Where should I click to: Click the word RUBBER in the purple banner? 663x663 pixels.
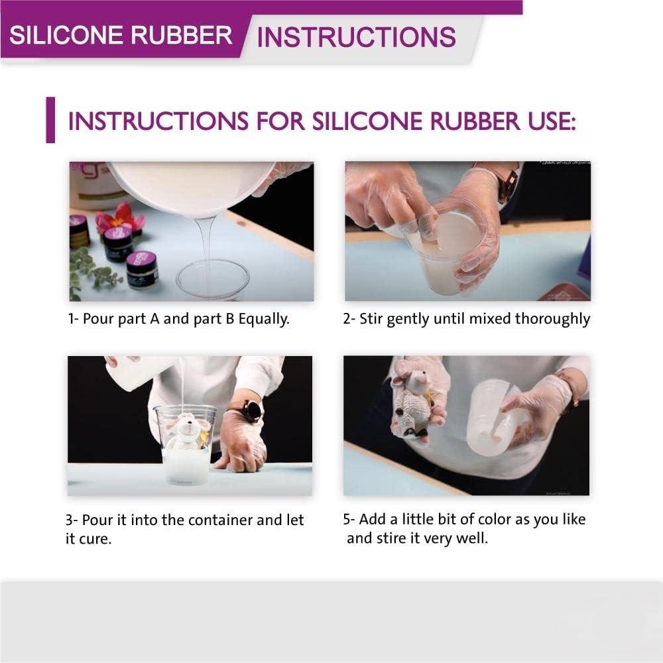coord(181,35)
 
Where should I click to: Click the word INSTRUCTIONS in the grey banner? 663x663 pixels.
coord(356,36)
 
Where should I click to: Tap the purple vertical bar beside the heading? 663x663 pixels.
coord(50,120)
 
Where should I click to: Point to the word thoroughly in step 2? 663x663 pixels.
coord(553,320)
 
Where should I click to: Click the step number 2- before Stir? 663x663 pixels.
coord(349,319)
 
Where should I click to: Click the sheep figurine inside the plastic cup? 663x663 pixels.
coord(186,434)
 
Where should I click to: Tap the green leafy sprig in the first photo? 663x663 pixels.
coord(90,270)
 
